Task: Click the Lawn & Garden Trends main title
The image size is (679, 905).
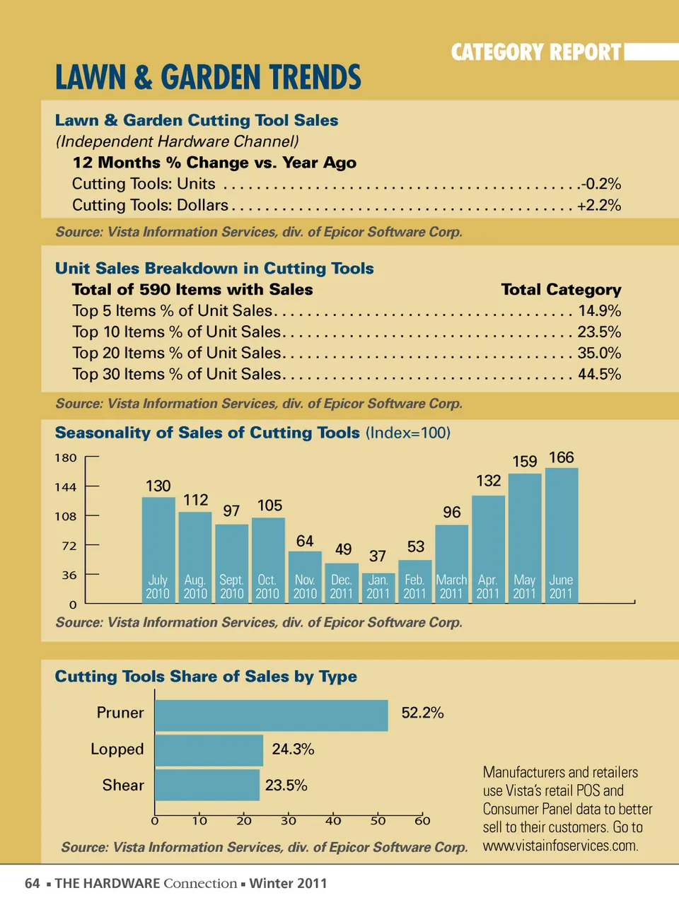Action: (208, 78)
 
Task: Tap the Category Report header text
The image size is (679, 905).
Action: (536, 52)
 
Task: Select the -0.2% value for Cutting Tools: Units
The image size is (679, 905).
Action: (601, 184)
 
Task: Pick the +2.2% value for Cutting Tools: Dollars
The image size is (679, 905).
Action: (599, 206)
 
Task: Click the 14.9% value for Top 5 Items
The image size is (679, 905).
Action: (599, 311)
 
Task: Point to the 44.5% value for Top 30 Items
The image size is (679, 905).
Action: (599, 375)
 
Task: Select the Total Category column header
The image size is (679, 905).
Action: (561, 290)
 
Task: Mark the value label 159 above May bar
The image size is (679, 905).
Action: (525, 462)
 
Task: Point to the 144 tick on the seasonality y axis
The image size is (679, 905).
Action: (66, 487)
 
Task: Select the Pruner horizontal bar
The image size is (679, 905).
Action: (272, 716)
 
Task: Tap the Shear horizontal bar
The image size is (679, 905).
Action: (207, 785)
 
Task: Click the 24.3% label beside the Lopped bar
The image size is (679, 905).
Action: (293, 749)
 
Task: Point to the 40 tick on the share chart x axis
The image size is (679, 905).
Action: (333, 821)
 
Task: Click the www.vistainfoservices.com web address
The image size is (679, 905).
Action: (560, 846)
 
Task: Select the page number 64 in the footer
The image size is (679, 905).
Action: (33, 883)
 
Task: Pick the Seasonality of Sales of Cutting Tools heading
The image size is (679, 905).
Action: (207, 433)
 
